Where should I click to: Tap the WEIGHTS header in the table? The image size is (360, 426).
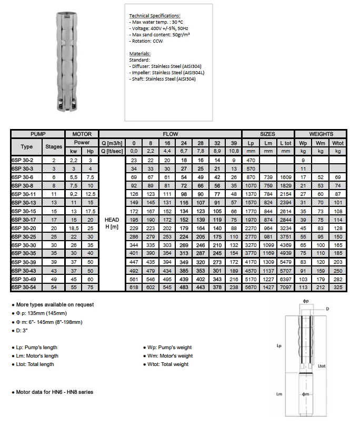click(x=321, y=134)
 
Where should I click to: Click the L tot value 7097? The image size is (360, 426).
click(x=285, y=288)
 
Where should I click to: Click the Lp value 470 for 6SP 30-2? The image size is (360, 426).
click(x=251, y=160)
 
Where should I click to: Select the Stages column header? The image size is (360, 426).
click(x=54, y=146)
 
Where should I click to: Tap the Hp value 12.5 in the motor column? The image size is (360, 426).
click(x=90, y=194)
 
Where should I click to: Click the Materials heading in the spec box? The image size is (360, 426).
click(x=140, y=54)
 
